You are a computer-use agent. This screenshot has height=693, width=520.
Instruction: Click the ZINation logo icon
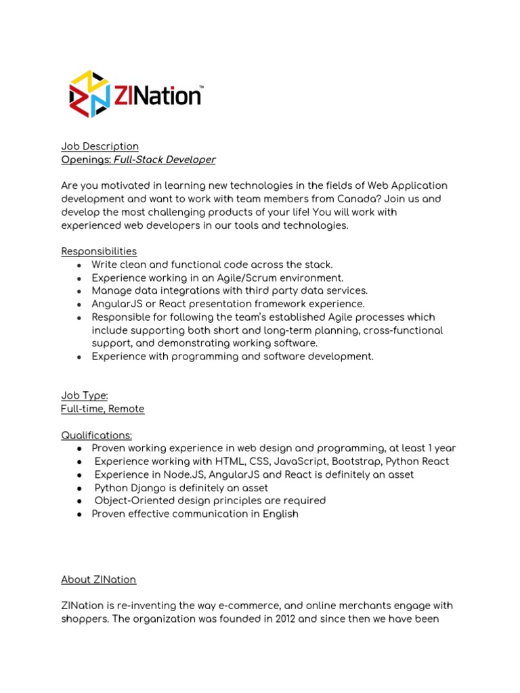(89, 94)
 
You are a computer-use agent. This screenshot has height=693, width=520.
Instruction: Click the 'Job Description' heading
(100, 146)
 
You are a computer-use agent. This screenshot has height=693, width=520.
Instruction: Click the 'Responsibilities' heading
(99, 251)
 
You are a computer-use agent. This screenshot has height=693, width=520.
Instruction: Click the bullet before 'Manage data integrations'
(79, 291)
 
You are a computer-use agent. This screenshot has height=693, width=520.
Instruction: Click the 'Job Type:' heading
(85, 396)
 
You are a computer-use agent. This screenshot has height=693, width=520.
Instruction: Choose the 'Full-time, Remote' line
(103, 409)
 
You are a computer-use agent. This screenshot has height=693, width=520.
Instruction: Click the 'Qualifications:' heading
(97, 435)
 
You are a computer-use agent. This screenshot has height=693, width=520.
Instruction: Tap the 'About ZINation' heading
(99, 579)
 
